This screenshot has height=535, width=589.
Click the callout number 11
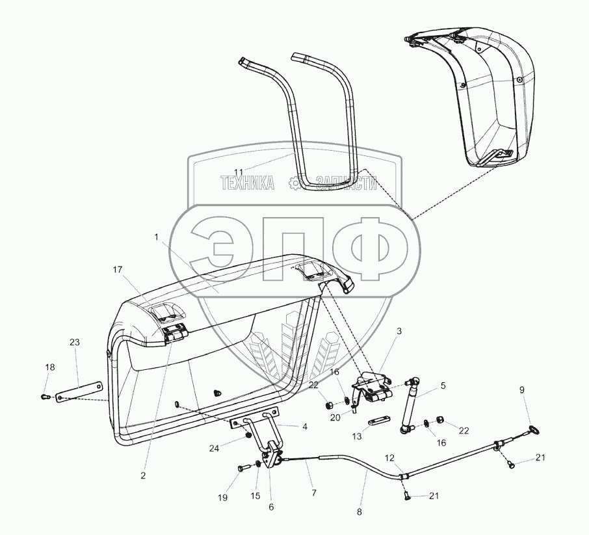pyautogui.click(x=239, y=172)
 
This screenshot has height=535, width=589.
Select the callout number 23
pyautogui.click(x=75, y=342)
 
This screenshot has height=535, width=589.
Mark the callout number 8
pyautogui.click(x=359, y=512)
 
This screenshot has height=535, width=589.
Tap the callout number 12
pyautogui.click(x=389, y=458)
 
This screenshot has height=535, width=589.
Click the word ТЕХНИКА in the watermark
pyautogui.click(x=248, y=183)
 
